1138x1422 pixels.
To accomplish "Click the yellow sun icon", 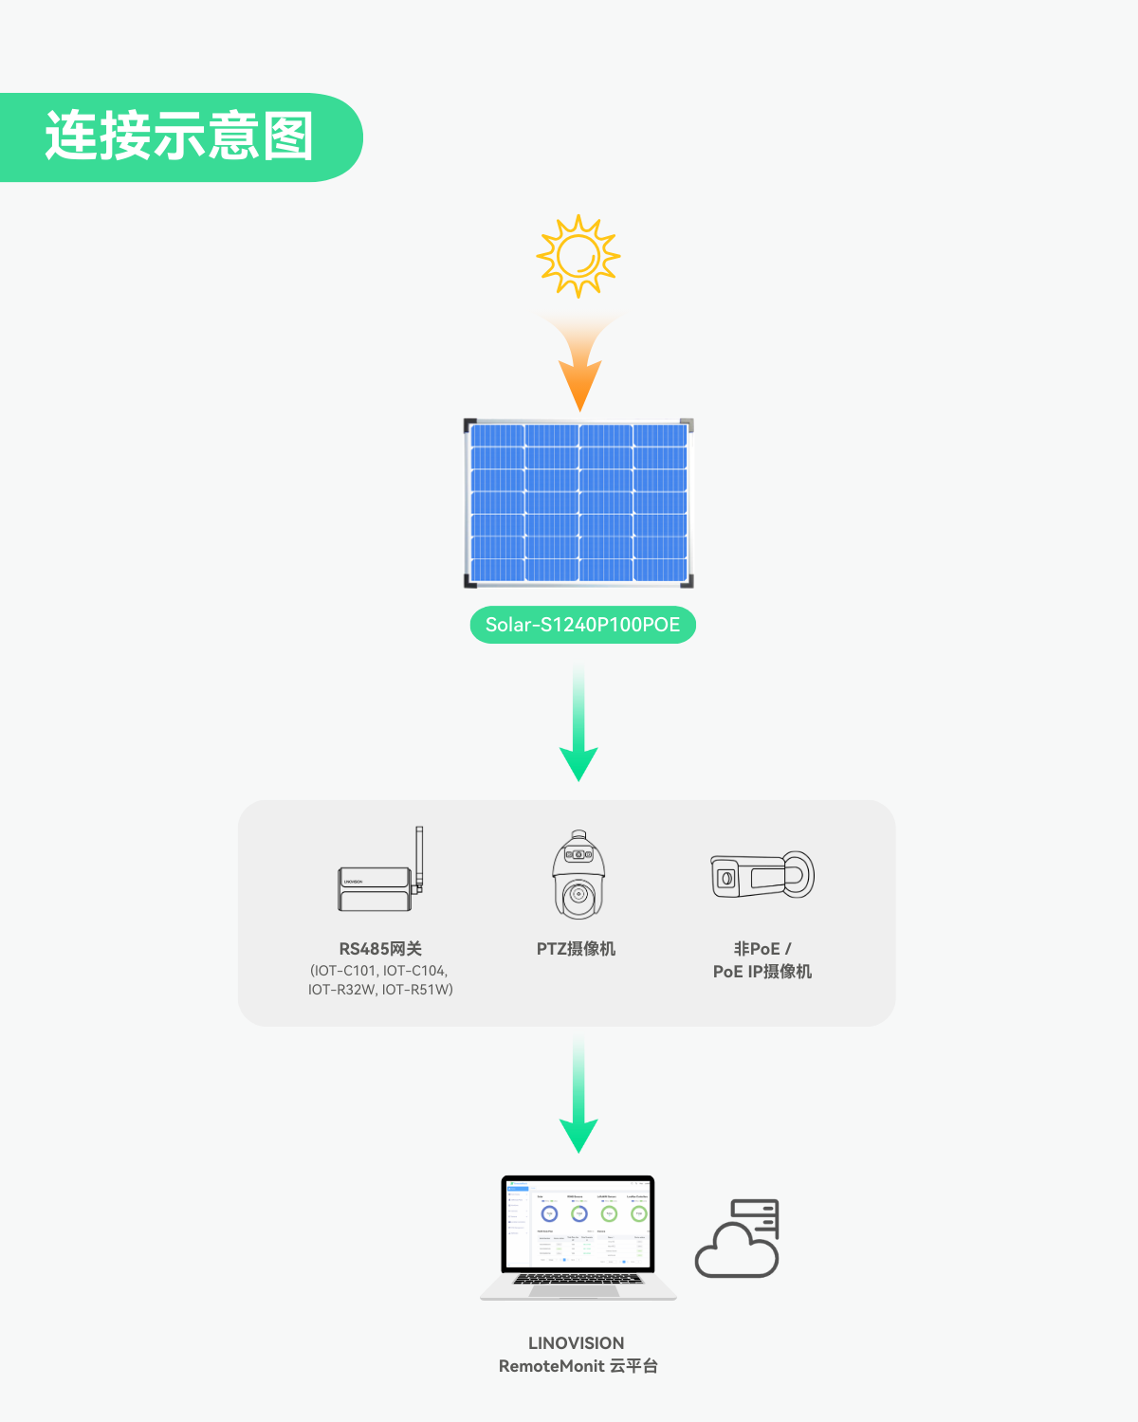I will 578,256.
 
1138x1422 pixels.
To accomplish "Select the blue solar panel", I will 578,501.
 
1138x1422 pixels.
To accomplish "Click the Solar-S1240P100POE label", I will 582,625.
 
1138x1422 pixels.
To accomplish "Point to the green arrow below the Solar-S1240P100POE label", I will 578,730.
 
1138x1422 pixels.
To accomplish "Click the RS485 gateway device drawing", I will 376,888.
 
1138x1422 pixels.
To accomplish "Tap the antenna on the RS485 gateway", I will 419,858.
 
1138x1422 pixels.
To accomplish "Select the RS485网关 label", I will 380,949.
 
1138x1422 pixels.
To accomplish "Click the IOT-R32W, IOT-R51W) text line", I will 380,990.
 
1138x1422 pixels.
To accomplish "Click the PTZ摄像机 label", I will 576,949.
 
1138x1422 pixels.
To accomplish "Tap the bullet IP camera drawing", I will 762,875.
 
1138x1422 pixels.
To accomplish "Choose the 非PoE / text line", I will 762,949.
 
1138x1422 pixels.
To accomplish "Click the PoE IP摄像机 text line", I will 762,972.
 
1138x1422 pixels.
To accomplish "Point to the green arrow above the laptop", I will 578,1100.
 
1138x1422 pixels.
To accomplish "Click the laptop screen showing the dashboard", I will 578,1222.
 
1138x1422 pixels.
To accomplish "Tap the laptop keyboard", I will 578,1279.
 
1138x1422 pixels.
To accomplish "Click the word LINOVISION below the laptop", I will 576,1343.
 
